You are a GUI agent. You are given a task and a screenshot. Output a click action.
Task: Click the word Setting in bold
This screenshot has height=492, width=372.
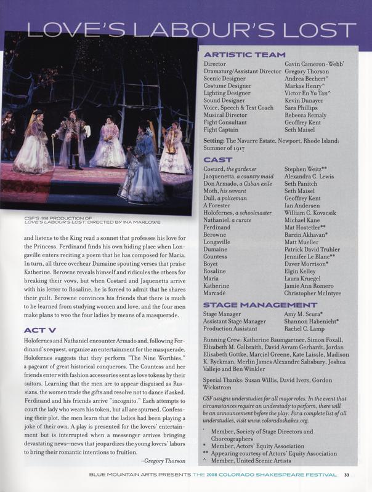214,141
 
